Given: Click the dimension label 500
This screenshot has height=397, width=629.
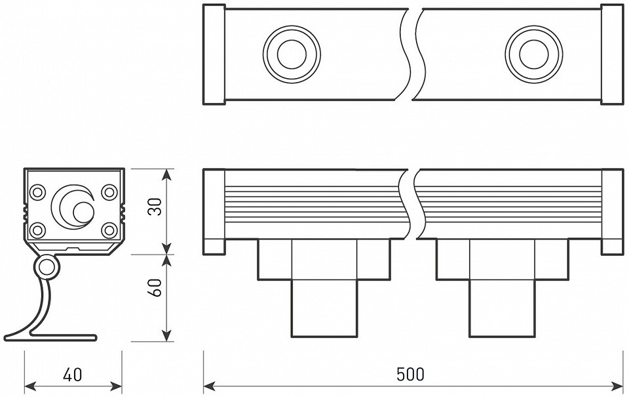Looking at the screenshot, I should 410,375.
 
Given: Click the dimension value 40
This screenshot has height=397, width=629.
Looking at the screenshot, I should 73,375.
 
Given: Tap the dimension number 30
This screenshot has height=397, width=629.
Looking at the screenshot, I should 155,207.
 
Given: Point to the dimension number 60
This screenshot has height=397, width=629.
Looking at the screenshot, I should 155,287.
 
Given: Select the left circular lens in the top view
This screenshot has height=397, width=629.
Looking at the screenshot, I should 292,54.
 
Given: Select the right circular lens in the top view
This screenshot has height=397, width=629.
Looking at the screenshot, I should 533,54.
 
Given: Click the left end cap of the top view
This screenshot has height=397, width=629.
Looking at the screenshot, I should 214,54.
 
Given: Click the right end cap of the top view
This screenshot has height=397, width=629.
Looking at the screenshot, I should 612,54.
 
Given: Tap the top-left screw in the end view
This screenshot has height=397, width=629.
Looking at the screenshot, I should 38,192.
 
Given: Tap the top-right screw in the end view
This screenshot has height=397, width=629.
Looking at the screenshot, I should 109,192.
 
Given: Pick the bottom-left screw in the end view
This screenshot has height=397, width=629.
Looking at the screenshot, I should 38,230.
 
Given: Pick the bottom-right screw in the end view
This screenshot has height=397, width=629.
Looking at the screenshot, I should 109,230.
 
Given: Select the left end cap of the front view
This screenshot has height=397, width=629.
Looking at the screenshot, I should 214,212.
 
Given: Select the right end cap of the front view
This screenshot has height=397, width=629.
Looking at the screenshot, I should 612,212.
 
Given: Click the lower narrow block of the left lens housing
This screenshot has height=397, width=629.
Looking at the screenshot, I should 324,308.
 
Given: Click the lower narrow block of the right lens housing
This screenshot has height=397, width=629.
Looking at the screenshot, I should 502,308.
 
